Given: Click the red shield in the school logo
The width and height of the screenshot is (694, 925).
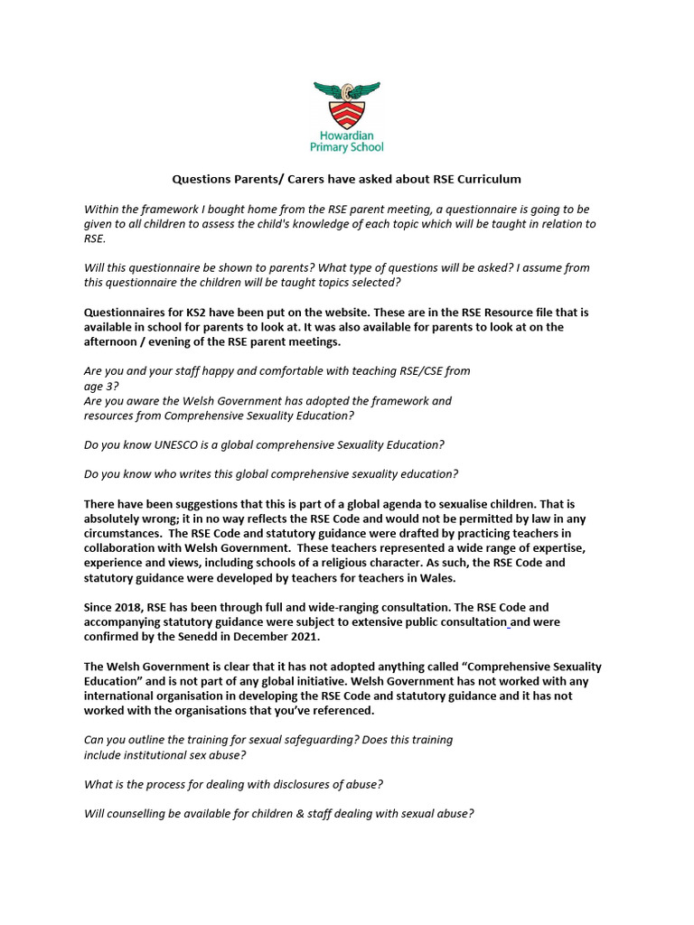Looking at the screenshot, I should point(347,114).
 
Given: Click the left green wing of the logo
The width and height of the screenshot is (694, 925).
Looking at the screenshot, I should point(327,90).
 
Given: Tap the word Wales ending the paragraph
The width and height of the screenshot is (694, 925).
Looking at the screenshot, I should point(437,576).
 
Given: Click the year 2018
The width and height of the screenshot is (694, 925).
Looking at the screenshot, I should point(131,607).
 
